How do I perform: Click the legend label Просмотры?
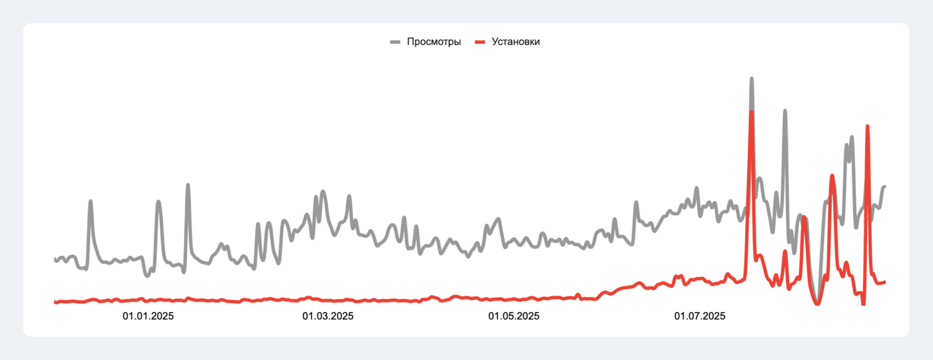point(434,42)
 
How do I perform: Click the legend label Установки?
point(515,42)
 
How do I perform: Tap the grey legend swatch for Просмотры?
point(395,42)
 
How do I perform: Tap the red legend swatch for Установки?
point(480,42)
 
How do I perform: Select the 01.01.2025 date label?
point(148,316)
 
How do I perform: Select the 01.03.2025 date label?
point(328,316)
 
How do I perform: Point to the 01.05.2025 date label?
point(514,316)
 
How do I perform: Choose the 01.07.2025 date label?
point(699,316)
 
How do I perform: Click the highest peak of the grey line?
point(751,79)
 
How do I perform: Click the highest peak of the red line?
point(751,112)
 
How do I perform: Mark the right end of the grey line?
point(885,187)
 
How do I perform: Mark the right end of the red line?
point(885,282)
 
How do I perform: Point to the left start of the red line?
point(55,302)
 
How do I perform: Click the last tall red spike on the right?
point(867,126)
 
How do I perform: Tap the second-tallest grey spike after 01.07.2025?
point(785,111)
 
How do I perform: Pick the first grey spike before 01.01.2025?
point(91,201)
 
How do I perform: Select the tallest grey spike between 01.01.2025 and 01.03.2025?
point(188,185)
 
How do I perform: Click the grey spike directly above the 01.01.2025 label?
point(158,202)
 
